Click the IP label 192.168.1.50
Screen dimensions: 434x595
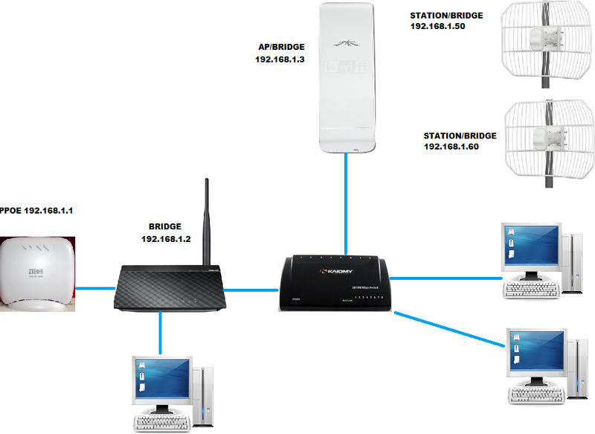pyautogui.click(x=440, y=26)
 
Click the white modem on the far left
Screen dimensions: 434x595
pyautogui.click(x=40, y=273)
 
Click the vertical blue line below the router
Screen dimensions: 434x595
pyautogui.click(x=161, y=331)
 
